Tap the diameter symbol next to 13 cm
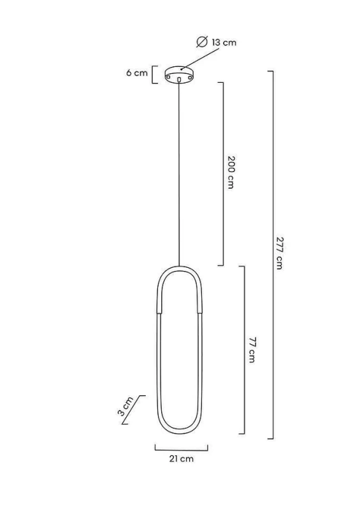tap(202, 42)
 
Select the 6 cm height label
tap(137, 73)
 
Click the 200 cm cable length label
tap(231, 172)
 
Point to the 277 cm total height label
tap(280, 253)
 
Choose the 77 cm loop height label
tap(252, 350)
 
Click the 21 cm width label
tap(181, 458)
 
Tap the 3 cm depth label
tap(125, 406)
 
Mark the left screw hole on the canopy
tap(168, 77)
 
